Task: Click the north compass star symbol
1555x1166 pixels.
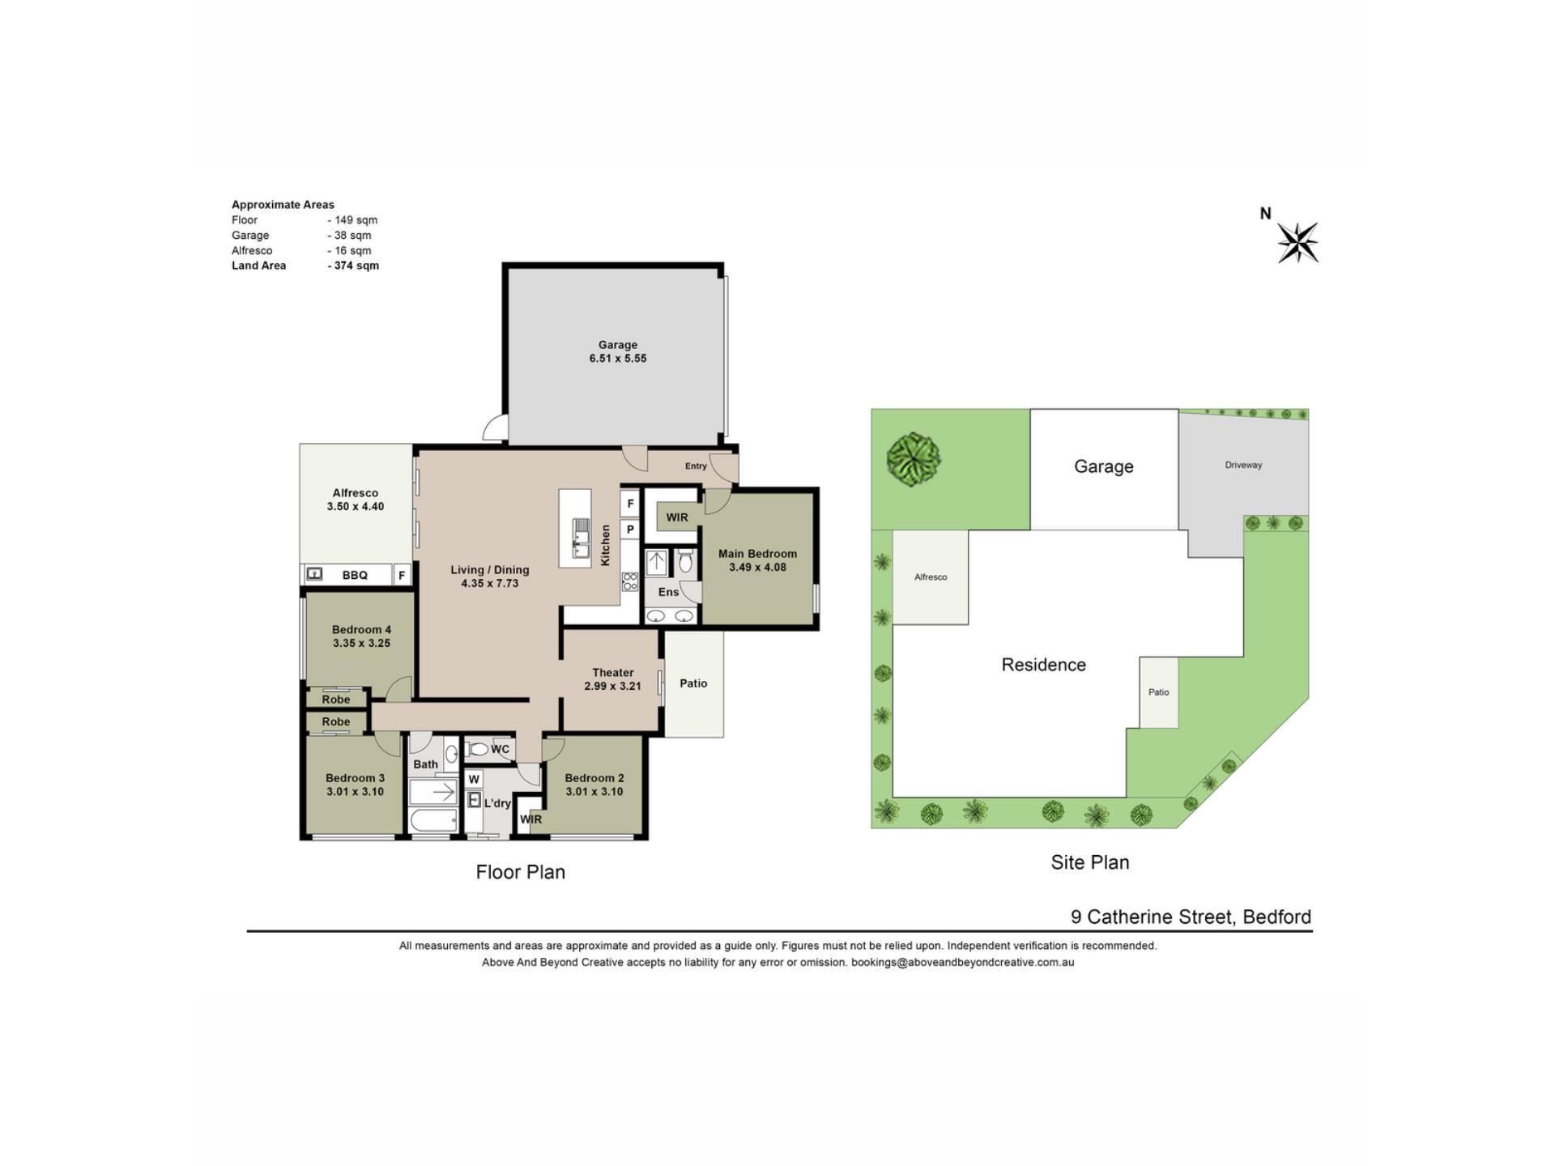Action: (1298, 242)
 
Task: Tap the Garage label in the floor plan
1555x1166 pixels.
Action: (618, 345)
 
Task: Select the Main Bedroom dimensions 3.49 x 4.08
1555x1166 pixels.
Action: (757, 568)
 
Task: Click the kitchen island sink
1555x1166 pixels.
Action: (582, 538)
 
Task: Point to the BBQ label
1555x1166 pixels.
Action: (355, 575)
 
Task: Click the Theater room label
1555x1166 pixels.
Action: (613, 673)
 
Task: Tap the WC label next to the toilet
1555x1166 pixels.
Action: (501, 749)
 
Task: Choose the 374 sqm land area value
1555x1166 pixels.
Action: (356, 266)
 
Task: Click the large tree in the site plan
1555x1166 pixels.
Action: (914, 459)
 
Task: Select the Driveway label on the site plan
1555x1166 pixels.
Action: (1243, 465)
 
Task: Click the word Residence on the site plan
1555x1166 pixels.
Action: (1043, 665)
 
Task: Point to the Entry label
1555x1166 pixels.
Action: (696, 466)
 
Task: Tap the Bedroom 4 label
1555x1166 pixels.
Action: (361, 630)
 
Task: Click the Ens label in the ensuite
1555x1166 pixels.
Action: (668, 592)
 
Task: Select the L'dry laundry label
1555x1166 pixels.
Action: (497, 803)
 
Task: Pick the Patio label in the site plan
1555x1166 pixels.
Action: (1158, 692)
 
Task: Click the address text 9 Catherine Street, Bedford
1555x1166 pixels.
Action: (1191, 917)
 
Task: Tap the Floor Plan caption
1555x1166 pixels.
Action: (521, 872)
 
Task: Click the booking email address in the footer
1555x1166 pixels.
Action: (962, 963)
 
